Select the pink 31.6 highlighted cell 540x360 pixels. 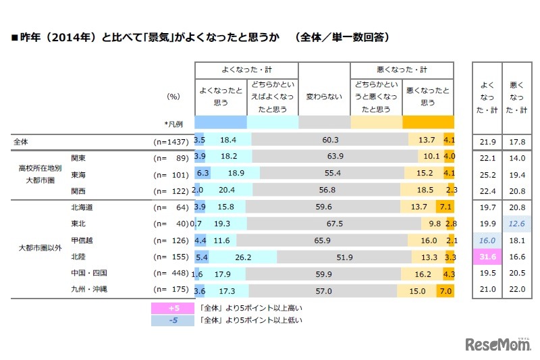pos(487,257)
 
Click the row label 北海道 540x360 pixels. pos(84,206)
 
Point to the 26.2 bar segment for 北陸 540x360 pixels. pos(244,257)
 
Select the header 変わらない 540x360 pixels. pos(323,97)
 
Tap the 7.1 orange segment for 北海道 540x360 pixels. pos(445,206)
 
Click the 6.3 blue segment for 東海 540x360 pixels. pos(202,173)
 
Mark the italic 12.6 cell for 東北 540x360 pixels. pos(517,222)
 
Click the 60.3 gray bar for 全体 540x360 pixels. pos(330,140)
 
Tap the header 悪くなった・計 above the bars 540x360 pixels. pos(402,70)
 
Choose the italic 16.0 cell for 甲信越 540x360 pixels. pos(487,240)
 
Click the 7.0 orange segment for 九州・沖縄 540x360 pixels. pos(445,290)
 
